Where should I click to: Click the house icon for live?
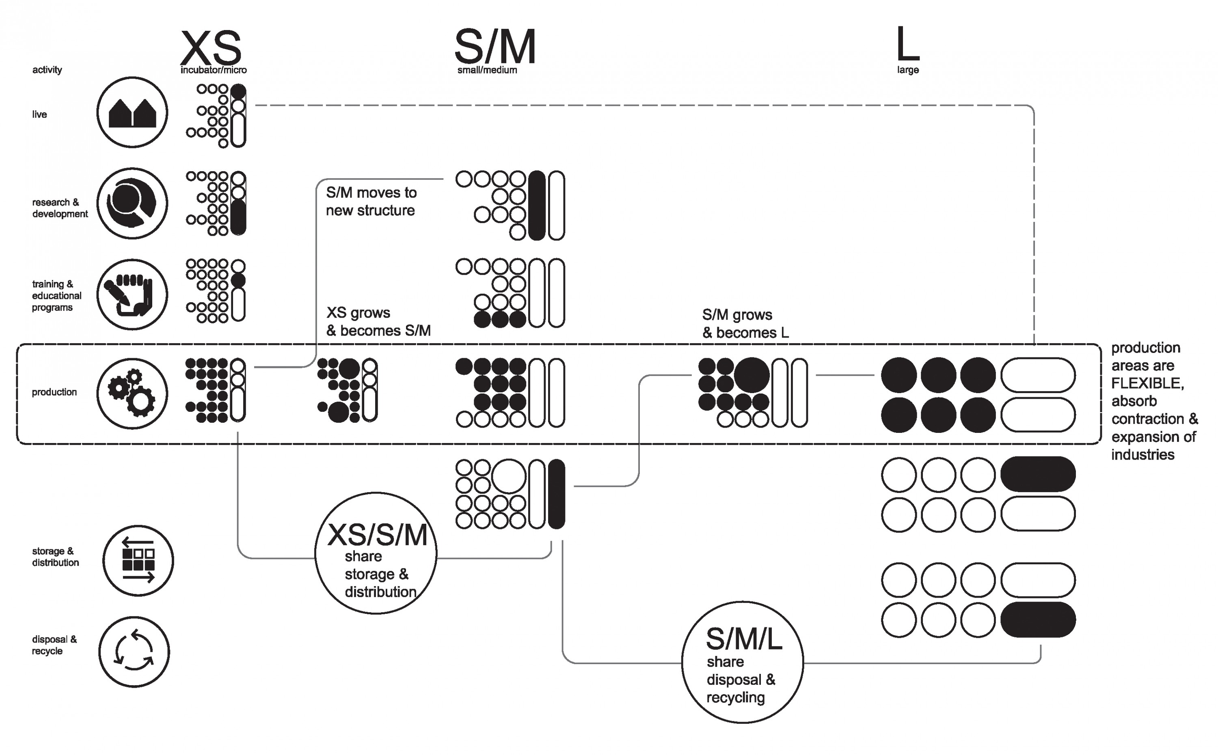pyautogui.click(x=132, y=112)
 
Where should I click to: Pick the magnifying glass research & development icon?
pyautogui.click(x=132, y=203)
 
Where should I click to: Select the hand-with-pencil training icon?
pyautogui.click(x=132, y=295)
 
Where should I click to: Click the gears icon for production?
pyautogui.click(x=132, y=394)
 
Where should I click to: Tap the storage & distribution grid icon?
pyautogui.click(x=138, y=560)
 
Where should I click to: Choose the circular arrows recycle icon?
pyautogui.click(x=134, y=652)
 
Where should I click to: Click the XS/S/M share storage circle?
pyautogui.click(x=376, y=553)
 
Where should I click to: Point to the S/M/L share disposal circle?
pyautogui.click(x=743, y=662)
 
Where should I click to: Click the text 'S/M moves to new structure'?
pyautogui.click(x=371, y=201)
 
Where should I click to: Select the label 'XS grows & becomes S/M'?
pyautogui.click(x=378, y=322)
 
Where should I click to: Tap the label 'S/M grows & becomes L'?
pyautogui.click(x=745, y=324)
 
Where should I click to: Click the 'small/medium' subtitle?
pyautogui.click(x=487, y=70)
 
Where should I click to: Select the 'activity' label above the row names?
pyautogui.click(x=47, y=69)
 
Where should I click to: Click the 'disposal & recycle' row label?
pyautogui.click(x=54, y=645)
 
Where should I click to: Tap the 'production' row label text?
pyautogui.click(x=54, y=392)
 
